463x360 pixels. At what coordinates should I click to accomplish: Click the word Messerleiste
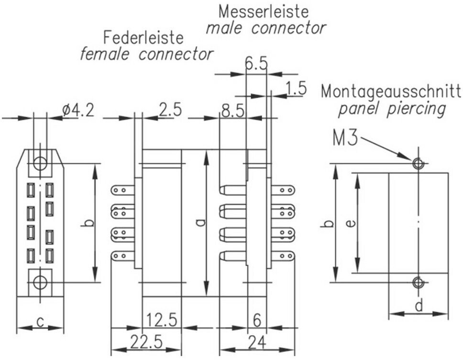tap(264, 11)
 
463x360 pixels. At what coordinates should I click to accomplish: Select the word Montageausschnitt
tap(391, 91)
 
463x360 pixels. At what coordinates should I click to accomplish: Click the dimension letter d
tap(419, 305)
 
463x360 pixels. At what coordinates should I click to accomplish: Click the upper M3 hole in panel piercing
tap(419, 164)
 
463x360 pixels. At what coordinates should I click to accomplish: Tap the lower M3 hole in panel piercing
tap(419, 282)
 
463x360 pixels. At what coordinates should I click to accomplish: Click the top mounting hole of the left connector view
tap(40, 163)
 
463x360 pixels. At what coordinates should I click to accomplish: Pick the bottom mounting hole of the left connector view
tap(40, 282)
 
